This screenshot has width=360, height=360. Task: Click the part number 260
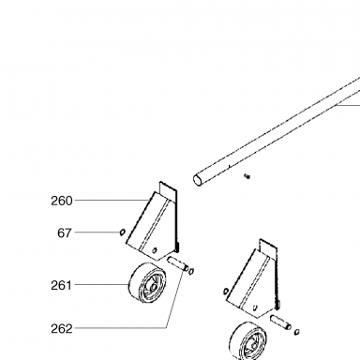62,201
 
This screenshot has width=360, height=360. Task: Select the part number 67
65,233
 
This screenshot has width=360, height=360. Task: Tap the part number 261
61,285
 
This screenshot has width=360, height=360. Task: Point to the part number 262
62,329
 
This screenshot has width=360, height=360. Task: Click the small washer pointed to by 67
123,232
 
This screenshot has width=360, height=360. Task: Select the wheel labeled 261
147,283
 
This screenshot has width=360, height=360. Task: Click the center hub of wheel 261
154,288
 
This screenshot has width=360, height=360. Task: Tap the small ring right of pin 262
191,271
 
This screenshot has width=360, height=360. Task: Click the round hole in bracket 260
154,250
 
